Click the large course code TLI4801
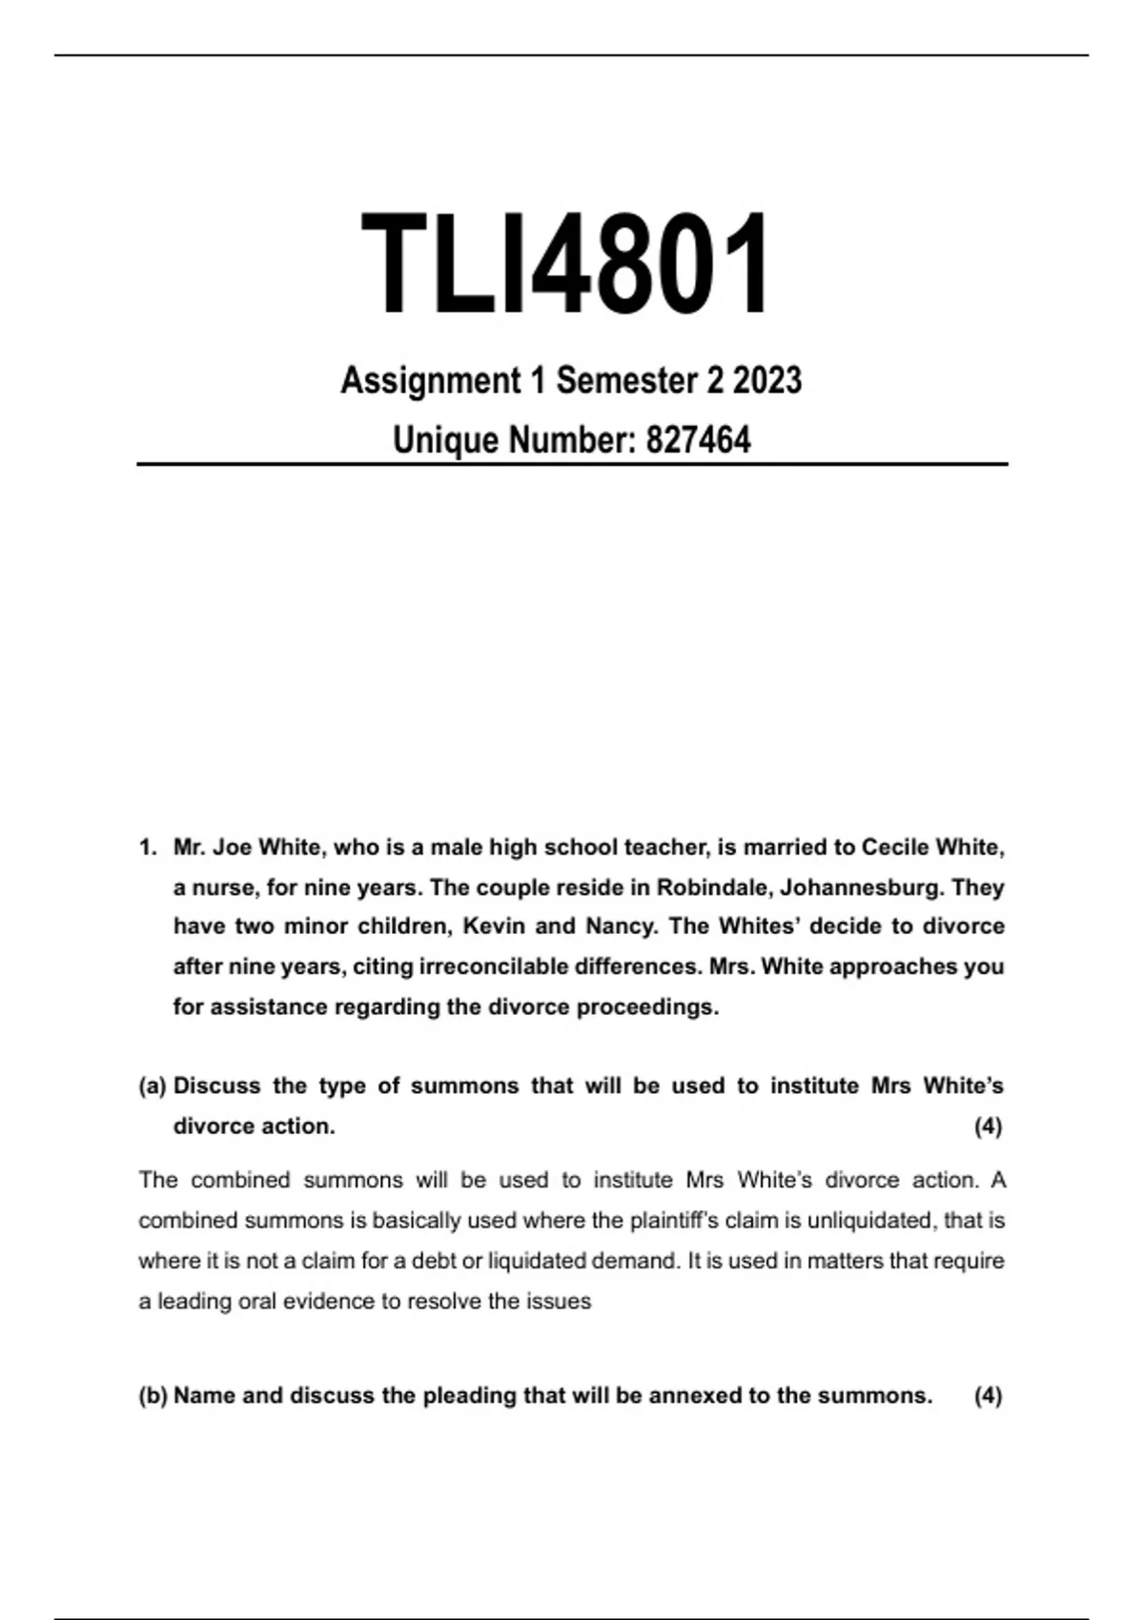click(x=566, y=264)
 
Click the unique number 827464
click(x=698, y=440)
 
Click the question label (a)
click(x=153, y=1085)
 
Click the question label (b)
click(x=153, y=1395)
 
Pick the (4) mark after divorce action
click(x=988, y=1125)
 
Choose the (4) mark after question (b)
click(x=988, y=1395)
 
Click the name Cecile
click(x=895, y=847)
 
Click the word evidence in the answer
click(x=327, y=1301)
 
